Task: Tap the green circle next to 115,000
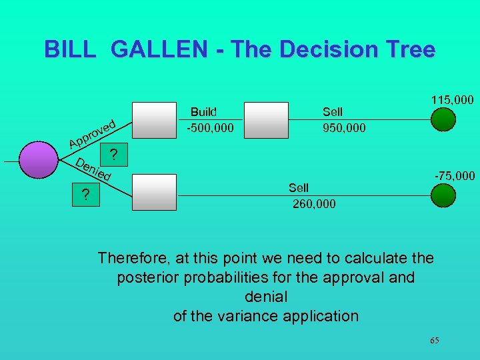coord(443,119)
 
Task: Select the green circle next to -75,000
coord(443,195)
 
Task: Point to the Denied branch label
coord(92,170)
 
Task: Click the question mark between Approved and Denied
coord(114,155)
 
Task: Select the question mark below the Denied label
coord(85,195)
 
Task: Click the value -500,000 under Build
coord(210,127)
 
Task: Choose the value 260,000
coord(314,203)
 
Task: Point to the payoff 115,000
coord(451,100)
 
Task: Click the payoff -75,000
coord(454,176)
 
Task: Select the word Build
coord(204,112)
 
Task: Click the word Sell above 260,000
coord(298,188)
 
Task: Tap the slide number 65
coord(434,341)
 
